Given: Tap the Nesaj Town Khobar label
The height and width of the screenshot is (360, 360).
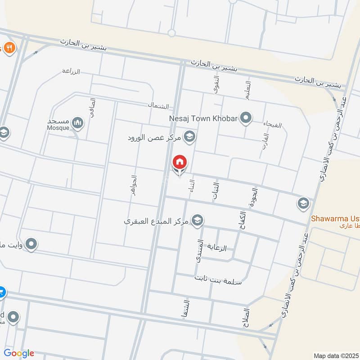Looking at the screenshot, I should [203, 119].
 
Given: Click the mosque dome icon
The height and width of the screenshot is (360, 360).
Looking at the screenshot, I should [78, 122].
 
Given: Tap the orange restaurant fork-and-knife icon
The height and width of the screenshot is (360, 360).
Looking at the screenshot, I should [9, 47].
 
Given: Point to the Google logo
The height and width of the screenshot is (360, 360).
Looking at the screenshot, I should [18, 353].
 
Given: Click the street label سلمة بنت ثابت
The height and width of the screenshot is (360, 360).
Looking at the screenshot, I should [218, 280].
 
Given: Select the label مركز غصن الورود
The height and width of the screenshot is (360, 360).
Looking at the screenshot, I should [156, 136].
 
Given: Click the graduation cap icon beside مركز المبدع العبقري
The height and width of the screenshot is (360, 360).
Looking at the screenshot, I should [197, 220].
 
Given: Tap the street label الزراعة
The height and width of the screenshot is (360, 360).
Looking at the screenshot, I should [71, 71].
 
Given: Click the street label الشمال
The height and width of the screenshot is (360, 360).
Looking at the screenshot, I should [158, 106].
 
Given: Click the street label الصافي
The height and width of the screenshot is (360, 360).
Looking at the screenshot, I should [93, 108].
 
